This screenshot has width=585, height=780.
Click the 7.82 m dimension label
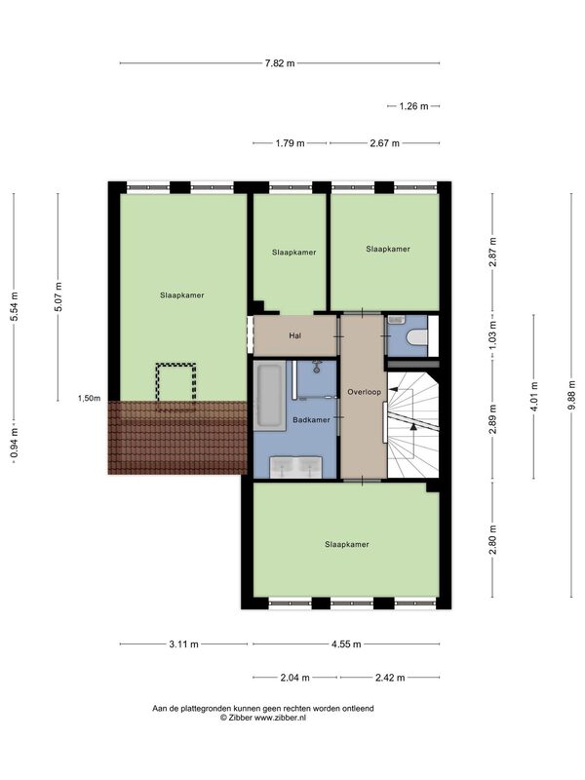click(280, 63)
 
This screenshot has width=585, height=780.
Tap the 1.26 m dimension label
click(413, 106)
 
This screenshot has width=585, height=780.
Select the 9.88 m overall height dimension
click(571, 395)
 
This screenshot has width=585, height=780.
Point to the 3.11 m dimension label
click(183, 644)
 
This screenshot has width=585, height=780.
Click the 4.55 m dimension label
click(346, 644)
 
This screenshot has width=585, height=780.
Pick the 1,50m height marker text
click(89, 398)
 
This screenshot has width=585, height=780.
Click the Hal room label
click(295, 335)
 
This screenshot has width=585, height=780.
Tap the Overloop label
click(364, 392)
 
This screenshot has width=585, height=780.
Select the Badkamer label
click(311, 420)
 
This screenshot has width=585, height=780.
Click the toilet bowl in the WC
click(417, 337)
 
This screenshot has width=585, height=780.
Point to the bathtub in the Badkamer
click(270, 396)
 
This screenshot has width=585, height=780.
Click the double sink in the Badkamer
click(296, 468)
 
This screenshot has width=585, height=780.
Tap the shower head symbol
click(316, 368)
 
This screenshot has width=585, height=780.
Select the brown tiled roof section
click(177, 437)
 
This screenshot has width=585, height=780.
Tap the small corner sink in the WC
click(398, 320)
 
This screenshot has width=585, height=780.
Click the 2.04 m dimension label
click(295, 678)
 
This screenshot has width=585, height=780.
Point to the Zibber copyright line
click(263, 718)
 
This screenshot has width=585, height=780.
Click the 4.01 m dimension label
click(534, 396)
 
